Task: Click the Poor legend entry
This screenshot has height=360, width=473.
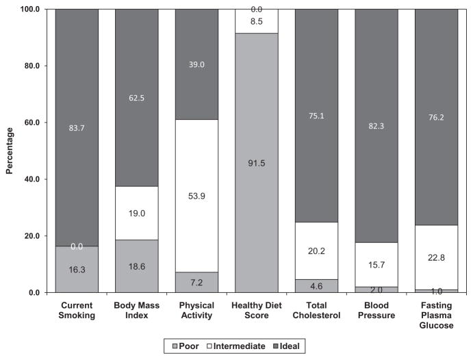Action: (186, 346)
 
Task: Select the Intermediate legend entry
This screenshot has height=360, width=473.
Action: (236, 346)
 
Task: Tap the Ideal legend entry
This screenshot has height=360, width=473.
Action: (286, 346)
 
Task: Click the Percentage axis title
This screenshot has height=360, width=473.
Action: (10, 151)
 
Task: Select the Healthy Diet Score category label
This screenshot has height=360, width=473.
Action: (257, 310)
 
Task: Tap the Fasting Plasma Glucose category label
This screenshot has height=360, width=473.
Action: (436, 316)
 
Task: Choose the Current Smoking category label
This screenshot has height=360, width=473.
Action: (77, 310)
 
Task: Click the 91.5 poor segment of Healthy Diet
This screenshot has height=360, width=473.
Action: (257, 163)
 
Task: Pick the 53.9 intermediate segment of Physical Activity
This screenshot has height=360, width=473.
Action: (196, 196)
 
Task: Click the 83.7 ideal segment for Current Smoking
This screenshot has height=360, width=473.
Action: (77, 127)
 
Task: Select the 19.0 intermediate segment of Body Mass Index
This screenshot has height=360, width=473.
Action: (137, 213)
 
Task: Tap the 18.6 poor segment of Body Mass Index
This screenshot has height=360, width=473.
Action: (137, 266)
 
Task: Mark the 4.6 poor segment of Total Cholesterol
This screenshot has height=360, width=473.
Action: (316, 286)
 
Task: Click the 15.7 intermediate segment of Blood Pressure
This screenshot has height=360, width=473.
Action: (376, 265)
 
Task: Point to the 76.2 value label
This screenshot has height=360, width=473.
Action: (436, 117)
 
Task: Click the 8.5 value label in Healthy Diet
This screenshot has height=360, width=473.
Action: (257, 21)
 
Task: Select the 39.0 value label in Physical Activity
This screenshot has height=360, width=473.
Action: (196, 64)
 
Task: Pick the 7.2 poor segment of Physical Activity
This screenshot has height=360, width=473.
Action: (196, 282)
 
